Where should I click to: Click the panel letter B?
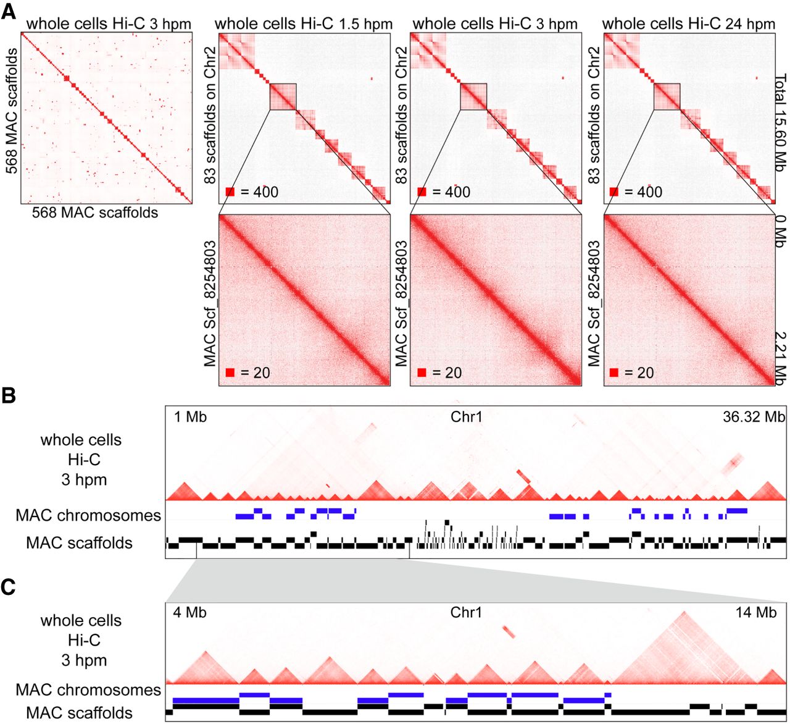click(9, 395)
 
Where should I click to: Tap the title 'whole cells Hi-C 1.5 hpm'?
click(304, 24)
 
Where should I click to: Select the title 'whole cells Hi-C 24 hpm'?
click(688, 24)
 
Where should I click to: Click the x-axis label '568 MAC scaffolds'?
click(95, 213)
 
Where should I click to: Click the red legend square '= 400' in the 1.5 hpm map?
click(230, 192)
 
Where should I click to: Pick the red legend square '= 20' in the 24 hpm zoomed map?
click(614, 373)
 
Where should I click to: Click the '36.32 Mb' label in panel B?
click(754, 417)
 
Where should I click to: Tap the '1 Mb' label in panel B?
click(190, 417)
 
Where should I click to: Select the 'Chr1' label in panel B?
click(466, 417)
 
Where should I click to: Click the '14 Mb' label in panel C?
click(755, 613)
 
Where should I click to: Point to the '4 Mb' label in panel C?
click(190, 613)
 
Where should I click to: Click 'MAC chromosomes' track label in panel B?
click(88, 515)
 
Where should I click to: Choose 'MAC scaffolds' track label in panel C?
click(79, 713)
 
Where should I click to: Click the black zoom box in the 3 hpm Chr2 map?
click(473, 97)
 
